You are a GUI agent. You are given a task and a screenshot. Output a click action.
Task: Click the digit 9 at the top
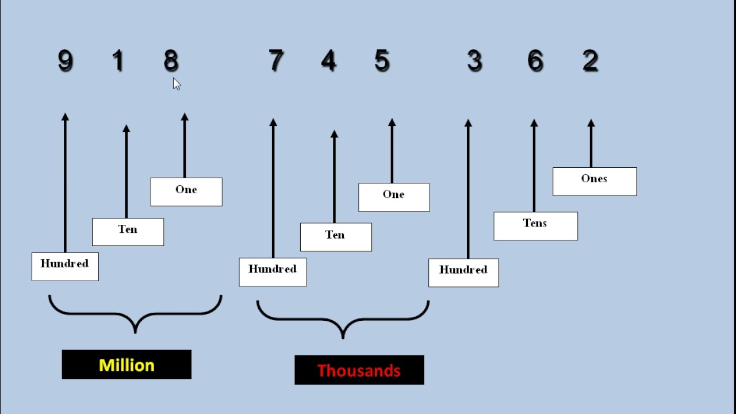66,60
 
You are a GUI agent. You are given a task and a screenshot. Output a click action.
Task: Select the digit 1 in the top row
118,60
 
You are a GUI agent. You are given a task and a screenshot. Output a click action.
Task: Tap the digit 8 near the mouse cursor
171,60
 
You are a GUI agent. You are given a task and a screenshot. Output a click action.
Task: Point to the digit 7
276,60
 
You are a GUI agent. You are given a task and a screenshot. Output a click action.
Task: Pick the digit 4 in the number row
329,60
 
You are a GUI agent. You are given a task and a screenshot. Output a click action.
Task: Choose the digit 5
382,60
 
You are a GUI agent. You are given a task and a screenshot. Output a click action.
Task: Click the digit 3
474,60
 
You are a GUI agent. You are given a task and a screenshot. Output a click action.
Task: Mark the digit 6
535,60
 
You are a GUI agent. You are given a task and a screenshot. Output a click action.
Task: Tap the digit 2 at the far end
591,60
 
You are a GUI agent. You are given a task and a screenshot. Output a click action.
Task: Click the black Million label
126,365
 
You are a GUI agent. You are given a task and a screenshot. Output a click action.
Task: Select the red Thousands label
359,370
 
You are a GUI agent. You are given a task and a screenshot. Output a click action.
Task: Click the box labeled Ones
595,182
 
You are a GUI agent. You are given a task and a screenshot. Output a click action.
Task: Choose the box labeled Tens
535,226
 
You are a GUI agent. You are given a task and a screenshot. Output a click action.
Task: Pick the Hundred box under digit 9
65,267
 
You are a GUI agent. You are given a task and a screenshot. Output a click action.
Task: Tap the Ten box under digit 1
128,232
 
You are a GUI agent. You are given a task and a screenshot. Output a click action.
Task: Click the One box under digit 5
394,197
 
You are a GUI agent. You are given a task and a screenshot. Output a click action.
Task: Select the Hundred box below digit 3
463,273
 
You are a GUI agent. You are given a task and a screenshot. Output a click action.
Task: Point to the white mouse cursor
177,84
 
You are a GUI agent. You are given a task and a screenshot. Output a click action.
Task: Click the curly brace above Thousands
343,320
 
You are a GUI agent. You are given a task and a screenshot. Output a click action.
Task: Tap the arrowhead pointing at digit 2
591,123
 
